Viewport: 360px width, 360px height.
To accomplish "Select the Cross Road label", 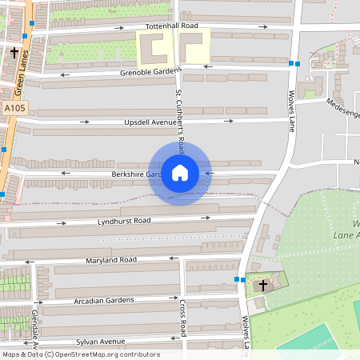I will pyautogui.click(x=183, y=318).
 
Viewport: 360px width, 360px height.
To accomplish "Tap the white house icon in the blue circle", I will pyautogui.click(x=180, y=173).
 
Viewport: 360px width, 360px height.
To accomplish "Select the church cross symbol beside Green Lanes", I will pyautogui.click(x=14, y=53).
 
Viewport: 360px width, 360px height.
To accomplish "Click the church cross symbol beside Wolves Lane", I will pyautogui.click(x=263, y=283).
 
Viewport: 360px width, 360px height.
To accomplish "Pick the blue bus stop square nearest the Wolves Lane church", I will pyautogui.click(x=238, y=279).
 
